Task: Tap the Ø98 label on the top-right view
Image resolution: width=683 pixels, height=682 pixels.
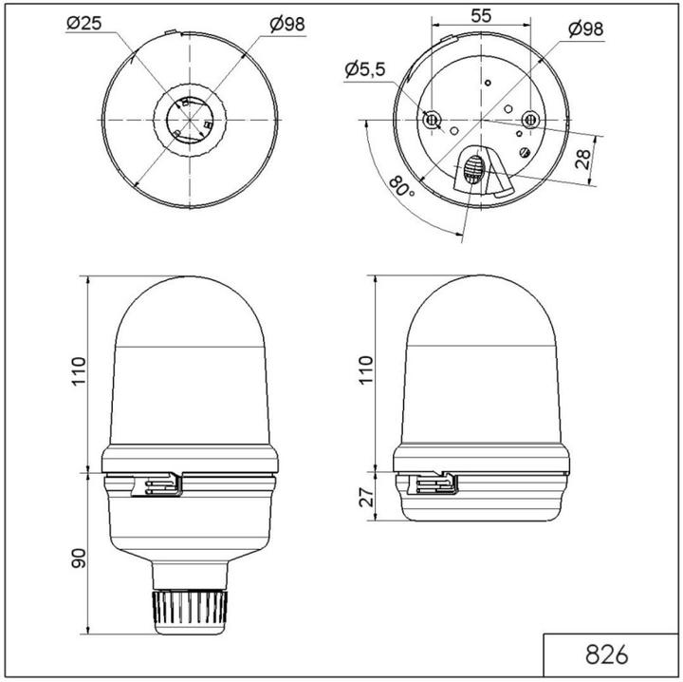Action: tap(586, 28)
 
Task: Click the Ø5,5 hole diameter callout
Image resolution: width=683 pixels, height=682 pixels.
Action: tap(365, 68)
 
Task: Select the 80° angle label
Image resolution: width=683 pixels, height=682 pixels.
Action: tap(401, 190)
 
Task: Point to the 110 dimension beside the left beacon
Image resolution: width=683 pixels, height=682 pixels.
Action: tap(77, 374)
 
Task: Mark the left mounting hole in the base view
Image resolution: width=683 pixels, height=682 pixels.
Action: tap(433, 119)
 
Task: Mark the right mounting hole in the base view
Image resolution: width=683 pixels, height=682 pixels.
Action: tap(530, 119)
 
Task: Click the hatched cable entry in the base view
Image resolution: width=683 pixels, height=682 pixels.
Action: tap(474, 173)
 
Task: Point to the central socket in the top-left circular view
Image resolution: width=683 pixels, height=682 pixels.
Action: tap(190, 121)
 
